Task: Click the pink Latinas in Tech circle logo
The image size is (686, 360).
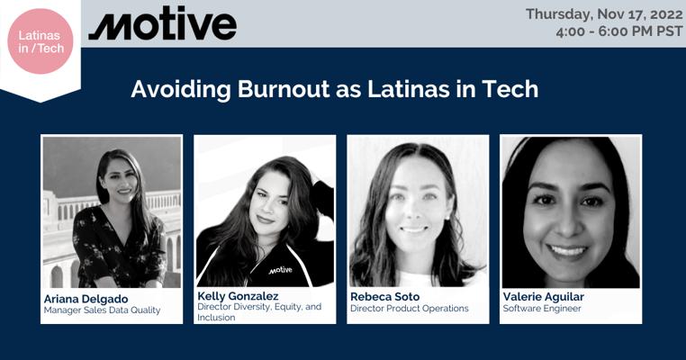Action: pos(41,41)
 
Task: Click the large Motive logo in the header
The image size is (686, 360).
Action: pos(163,24)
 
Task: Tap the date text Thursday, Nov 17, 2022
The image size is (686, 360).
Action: pos(604,14)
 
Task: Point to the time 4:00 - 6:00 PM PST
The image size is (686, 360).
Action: pos(618,31)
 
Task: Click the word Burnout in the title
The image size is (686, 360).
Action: pos(284,89)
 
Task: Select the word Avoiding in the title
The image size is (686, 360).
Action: pos(181,90)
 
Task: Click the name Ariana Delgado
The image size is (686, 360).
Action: pos(86,299)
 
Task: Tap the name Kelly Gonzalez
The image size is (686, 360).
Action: pos(238,296)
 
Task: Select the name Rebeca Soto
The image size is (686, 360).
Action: pos(384,297)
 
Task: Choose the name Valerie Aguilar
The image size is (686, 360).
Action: pos(544,297)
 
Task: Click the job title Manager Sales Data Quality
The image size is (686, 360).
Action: pos(102,310)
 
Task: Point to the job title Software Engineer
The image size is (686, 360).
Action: pos(542,309)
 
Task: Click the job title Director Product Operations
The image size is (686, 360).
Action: pos(409,309)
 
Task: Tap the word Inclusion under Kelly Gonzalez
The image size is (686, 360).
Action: pos(216,318)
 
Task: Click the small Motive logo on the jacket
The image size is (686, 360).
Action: pos(280,270)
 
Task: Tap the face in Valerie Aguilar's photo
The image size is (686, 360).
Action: pos(569,210)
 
